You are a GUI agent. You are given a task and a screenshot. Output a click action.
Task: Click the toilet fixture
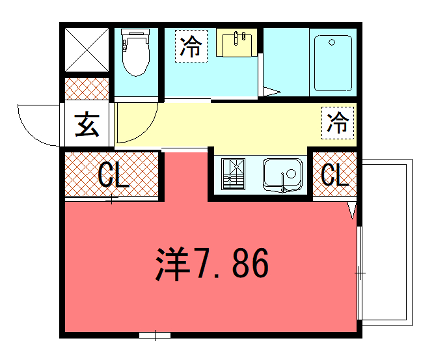[x=136, y=52]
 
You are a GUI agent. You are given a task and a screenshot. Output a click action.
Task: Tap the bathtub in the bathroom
[x=333, y=63]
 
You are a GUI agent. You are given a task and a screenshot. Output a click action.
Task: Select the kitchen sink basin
[x=283, y=175]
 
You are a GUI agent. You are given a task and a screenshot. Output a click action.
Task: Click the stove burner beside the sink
[x=233, y=174]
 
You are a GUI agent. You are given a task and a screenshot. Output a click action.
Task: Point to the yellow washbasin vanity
[x=237, y=43]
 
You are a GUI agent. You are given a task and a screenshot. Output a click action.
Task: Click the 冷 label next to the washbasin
[x=191, y=47]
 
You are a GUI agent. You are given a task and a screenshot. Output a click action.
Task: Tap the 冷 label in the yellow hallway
[x=337, y=123]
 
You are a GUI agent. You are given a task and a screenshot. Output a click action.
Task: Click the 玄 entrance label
[x=87, y=125]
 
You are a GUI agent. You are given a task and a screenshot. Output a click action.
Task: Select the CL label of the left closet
[x=113, y=174]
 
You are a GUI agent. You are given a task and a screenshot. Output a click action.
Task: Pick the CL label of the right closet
[x=335, y=174]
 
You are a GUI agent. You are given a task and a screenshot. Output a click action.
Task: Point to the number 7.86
[x=230, y=264]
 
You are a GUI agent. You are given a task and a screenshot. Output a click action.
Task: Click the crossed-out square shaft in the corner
[x=87, y=50]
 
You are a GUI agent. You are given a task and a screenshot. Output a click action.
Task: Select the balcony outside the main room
[x=387, y=242]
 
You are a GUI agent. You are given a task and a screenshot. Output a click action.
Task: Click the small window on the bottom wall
[x=155, y=335]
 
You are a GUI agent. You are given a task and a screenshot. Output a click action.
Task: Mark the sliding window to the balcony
[x=359, y=273]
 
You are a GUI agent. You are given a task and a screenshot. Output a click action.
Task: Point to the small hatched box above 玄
[x=87, y=89]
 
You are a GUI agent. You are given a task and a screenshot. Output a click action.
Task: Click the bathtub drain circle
[x=332, y=42]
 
